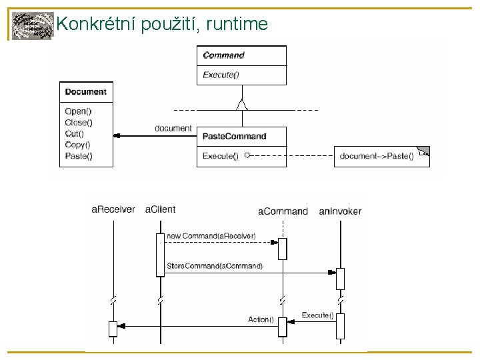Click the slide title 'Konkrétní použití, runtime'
click(162, 25)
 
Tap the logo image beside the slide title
click(32, 25)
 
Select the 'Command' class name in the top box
click(223, 55)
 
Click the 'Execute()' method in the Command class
click(220, 75)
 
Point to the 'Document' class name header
click(85, 91)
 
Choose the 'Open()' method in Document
click(78, 112)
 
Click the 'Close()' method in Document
click(79, 123)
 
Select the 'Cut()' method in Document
click(75, 133)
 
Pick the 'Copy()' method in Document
click(78, 144)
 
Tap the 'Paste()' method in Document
click(79, 155)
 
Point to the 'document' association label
click(173, 128)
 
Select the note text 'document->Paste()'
click(376, 156)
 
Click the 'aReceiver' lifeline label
click(113, 210)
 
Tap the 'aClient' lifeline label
click(160, 209)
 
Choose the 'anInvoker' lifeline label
click(340, 211)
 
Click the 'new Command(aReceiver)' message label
click(211, 236)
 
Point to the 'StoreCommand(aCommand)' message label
click(215, 265)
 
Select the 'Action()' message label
click(261, 319)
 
